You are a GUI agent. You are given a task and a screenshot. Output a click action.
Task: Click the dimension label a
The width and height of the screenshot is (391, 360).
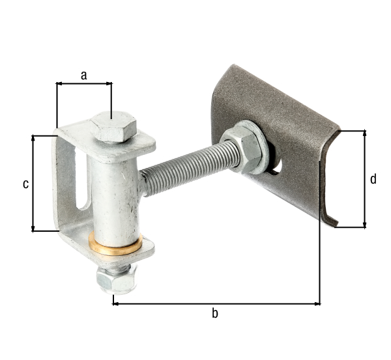click(x=83, y=75)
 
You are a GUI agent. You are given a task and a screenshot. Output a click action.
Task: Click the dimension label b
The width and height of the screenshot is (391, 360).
click(x=215, y=314)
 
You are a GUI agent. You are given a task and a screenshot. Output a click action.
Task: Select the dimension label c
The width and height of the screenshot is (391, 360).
click(x=25, y=184)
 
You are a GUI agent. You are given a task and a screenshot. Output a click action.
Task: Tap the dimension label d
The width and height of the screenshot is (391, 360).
click(x=373, y=179)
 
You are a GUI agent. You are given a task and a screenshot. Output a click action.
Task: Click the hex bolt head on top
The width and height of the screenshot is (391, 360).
click(x=113, y=126)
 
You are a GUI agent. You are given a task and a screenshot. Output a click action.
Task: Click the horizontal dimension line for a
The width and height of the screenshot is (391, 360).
click(x=84, y=83)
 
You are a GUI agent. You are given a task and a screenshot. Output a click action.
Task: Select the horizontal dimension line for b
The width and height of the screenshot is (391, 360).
click(x=215, y=303)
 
